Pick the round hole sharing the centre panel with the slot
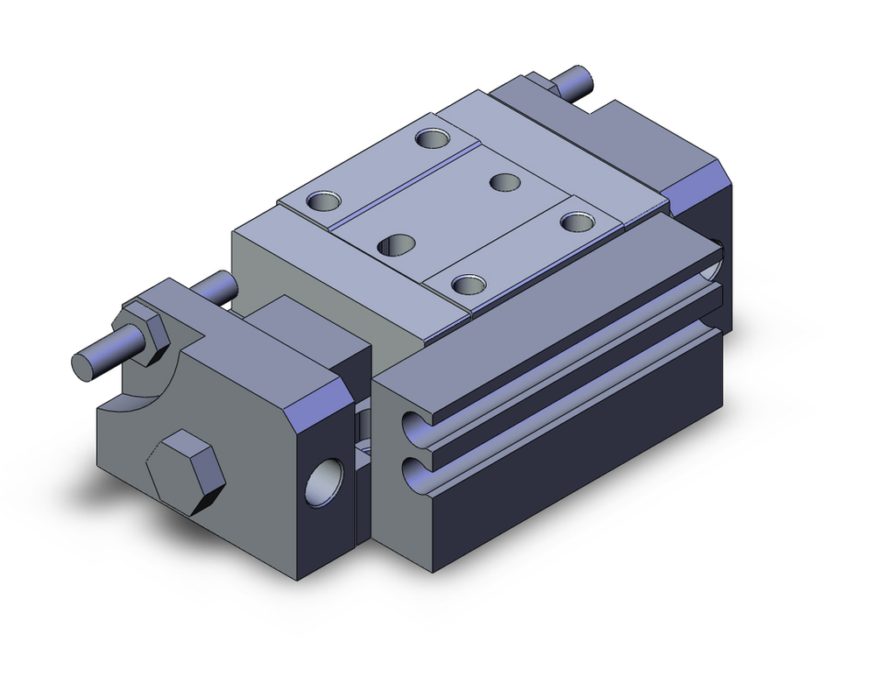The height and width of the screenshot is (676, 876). coord(505,182)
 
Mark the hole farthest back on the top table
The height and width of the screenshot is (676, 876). coord(431,137)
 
